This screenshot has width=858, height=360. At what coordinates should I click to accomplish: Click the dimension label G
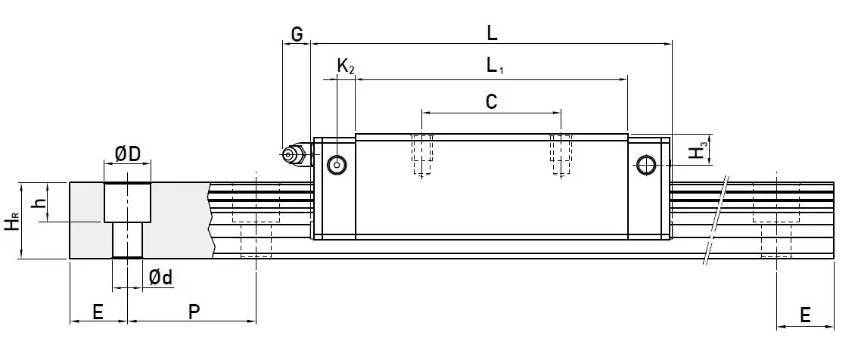coord(297,34)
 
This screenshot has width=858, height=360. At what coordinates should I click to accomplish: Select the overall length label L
coord(491,33)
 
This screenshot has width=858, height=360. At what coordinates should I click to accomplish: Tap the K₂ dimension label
coord(345,67)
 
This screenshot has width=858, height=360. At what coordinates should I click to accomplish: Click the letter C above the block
coord(491,101)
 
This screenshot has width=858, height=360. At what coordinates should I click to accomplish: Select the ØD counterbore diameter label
coord(127,154)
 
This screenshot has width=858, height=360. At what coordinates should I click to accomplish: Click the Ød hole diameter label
coord(160,278)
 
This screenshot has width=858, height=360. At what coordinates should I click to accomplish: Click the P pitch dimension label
coord(194,312)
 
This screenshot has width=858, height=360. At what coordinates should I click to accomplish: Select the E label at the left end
coord(98,312)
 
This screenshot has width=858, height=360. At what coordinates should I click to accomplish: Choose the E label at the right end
coord(805,314)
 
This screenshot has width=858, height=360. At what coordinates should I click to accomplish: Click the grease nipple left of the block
coord(292,155)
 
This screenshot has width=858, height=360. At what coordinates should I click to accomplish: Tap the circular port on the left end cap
coord(336,164)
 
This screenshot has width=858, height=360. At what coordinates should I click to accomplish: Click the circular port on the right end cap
coord(645,164)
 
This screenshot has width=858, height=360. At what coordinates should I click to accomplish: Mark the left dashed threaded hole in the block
coord(422,155)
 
